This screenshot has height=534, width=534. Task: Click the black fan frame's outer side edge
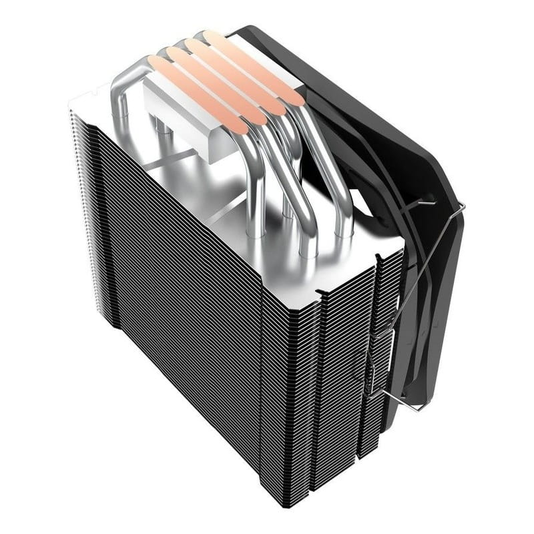coord(474,320)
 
